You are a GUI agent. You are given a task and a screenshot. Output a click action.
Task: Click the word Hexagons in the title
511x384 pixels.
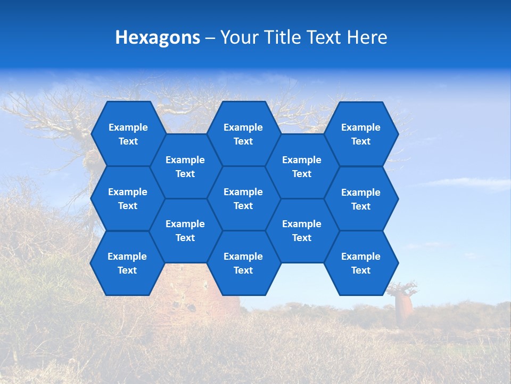pos(158,37)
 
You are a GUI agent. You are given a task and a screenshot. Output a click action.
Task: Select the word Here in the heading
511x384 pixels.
pos(367,37)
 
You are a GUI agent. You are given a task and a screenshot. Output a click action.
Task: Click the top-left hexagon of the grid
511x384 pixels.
pos(128,134)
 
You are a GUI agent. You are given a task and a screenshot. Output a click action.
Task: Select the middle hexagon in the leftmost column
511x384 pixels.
pos(128,198)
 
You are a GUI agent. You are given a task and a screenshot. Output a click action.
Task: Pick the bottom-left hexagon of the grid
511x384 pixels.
pos(127,263)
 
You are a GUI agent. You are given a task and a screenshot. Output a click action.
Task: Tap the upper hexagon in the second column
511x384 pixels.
pos(185,166)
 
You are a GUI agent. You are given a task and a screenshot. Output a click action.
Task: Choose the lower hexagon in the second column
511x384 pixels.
pos(185,230)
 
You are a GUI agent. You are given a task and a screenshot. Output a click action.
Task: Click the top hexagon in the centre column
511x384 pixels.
pos(243,134)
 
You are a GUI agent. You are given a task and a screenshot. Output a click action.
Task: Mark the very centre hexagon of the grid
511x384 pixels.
pos(243,198)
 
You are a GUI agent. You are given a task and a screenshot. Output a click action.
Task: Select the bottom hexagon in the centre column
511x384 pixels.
pos(243,263)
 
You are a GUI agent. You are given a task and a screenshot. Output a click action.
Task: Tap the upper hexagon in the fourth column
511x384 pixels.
pos(302,166)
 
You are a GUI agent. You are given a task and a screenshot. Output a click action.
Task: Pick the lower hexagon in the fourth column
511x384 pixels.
pos(302,230)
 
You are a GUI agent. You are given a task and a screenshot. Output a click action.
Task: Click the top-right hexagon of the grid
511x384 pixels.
pos(361,134)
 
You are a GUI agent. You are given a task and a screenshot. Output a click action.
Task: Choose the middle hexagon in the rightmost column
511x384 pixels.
pos(361,199)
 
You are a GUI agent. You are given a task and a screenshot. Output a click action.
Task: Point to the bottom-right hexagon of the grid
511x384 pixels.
pos(361,263)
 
